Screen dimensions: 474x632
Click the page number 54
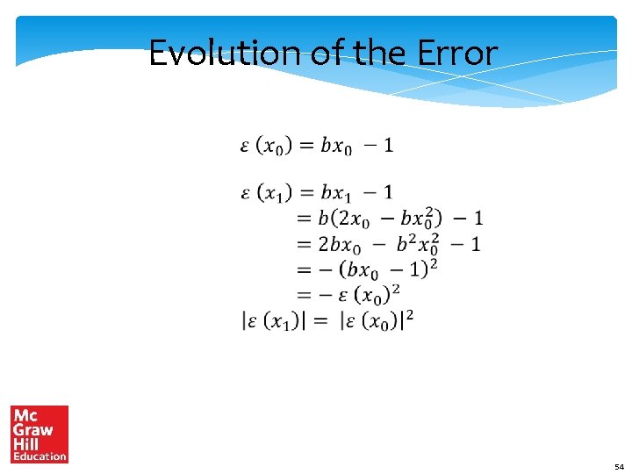[618, 467]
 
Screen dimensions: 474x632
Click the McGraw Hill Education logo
[39, 434]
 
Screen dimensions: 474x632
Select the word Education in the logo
[39, 456]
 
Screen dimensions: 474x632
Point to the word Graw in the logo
[33, 430]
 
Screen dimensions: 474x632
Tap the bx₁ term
[337, 193]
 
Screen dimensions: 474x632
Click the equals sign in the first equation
[305, 146]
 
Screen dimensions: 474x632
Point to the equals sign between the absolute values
[320, 321]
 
